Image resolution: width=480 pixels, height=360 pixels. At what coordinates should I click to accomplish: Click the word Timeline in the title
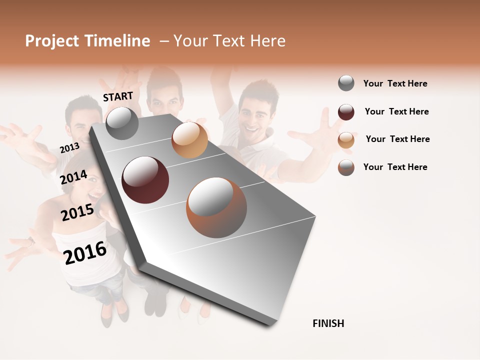117,41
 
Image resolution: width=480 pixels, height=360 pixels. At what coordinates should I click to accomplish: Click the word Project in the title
52,41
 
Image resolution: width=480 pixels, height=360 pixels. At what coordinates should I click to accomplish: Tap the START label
118,96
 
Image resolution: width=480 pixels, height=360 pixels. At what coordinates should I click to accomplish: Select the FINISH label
328,323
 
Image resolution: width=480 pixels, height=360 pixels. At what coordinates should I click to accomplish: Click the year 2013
69,148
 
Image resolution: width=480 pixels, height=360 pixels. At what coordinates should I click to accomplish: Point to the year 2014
74,177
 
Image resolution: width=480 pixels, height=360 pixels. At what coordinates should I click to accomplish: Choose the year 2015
77,212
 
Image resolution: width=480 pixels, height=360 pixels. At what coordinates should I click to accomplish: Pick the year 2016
85,252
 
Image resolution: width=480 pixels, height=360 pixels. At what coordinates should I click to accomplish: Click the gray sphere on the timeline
122,123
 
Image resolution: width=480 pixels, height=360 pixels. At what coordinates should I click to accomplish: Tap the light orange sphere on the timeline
189,140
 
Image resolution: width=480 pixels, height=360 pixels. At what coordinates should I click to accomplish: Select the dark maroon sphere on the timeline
145,179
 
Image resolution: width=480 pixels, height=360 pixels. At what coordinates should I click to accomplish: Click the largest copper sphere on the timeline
216,207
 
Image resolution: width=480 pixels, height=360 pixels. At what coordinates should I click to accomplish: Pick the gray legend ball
346,83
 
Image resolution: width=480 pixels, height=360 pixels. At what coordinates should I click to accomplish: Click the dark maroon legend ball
346,112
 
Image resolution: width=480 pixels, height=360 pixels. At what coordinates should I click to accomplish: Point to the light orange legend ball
346,140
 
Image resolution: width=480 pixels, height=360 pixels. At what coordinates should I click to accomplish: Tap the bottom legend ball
346,167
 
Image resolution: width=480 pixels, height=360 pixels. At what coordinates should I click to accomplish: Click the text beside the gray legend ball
395,83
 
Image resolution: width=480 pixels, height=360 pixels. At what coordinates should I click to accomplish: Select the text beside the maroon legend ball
396,111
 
